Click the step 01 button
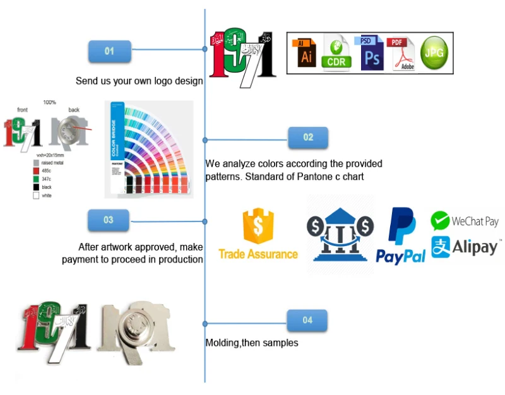click(109, 51)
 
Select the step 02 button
click(308, 137)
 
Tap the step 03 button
click(109, 220)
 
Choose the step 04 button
click(307, 320)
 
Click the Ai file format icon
click(307, 53)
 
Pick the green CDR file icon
click(337, 53)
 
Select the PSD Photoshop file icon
click(372, 53)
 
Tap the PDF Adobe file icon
click(403, 53)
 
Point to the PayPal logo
click(401, 235)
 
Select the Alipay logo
click(466, 246)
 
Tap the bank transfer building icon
click(340, 233)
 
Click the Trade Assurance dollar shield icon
click(257, 226)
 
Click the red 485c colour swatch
click(36, 171)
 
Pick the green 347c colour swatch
click(36, 179)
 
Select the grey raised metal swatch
click(36, 163)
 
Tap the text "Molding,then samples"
click(251, 343)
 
